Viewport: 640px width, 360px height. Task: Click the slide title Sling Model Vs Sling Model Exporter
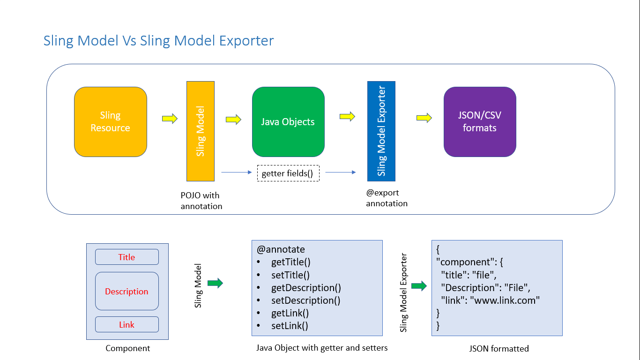point(158,41)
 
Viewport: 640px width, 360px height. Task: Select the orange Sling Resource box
point(111,122)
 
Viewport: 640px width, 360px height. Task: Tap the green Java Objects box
point(288,122)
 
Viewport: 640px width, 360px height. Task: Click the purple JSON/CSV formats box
point(480,122)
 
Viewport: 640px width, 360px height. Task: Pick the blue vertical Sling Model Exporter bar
point(381,131)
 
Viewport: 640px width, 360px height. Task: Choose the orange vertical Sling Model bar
point(201,131)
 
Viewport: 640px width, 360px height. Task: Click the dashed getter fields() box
point(288,173)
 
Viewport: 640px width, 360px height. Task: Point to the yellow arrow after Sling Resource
point(170,119)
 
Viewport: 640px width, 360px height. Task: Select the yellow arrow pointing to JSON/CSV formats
point(424,118)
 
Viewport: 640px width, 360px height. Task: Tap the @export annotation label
point(387,198)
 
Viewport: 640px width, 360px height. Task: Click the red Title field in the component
point(127,257)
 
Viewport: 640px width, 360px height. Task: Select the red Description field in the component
point(127,292)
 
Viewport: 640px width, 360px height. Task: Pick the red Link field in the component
point(127,325)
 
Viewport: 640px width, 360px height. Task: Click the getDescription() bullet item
point(306,288)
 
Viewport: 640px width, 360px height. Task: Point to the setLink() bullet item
point(290,326)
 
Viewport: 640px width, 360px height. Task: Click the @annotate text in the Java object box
point(281,249)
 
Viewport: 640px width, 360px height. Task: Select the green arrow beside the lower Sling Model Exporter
point(419,285)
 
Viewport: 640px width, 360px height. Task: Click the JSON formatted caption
point(499,348)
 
